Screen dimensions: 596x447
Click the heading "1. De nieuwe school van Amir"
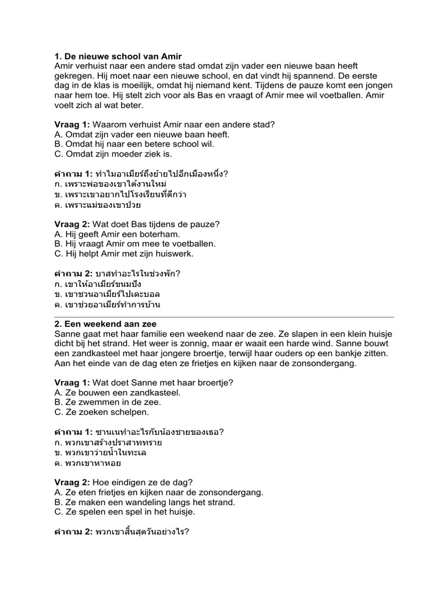point(118,56)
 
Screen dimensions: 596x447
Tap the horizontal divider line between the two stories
point(224,317)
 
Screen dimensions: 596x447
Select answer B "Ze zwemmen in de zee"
point(108,402)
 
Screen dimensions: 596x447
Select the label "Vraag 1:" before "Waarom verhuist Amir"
point(72,125)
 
